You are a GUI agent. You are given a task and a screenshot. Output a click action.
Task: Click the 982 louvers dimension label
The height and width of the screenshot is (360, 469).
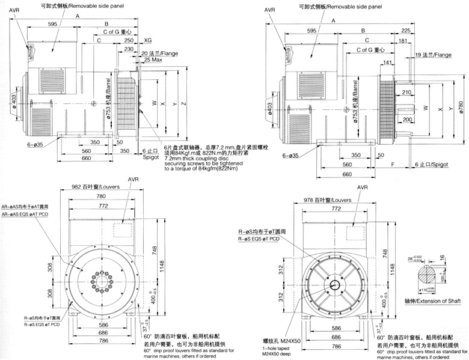(x=93, y=186)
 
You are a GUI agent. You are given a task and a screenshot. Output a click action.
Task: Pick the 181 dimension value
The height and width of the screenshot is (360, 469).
(x=400, y=40)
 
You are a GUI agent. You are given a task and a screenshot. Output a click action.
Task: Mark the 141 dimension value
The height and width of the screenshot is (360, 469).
(x=388, y=62)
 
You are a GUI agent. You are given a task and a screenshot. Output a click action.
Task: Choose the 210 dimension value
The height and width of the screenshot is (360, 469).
(x=407, y=92)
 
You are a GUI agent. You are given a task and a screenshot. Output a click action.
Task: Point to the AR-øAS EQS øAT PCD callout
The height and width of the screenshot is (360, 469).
(x=25, y=214)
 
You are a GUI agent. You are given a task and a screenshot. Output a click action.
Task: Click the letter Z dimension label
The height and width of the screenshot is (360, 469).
(x=183, y=104)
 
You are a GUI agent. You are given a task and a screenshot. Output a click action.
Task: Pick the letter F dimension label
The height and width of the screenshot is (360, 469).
(x=392, y=164)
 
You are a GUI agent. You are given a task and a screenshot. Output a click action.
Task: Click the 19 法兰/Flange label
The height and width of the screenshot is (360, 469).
(x=432, y=55)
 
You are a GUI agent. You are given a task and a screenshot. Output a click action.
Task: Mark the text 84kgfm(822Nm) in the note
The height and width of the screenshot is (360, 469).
(x=202, y=170)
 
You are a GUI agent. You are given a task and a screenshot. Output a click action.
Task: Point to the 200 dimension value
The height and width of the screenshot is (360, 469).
(x=407, y=120)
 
